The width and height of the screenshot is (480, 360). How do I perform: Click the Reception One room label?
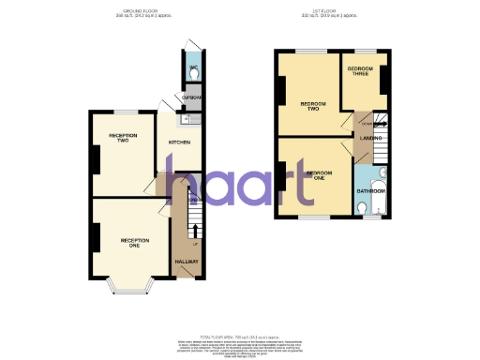tap(135, 243)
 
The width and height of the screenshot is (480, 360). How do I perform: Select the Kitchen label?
tap(179, 142)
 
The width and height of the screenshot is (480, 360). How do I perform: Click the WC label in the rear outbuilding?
tap(192, 68)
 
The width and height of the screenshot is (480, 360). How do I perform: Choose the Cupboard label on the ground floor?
tap(192, 97)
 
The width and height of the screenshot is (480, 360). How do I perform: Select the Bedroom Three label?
tap(361, 72)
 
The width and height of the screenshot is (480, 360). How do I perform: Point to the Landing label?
tap(369, 139)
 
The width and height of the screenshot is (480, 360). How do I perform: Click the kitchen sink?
tap(187, 118)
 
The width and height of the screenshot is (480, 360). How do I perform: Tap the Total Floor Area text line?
tap(240, 336)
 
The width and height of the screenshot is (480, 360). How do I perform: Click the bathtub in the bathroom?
tap(380, 193)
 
